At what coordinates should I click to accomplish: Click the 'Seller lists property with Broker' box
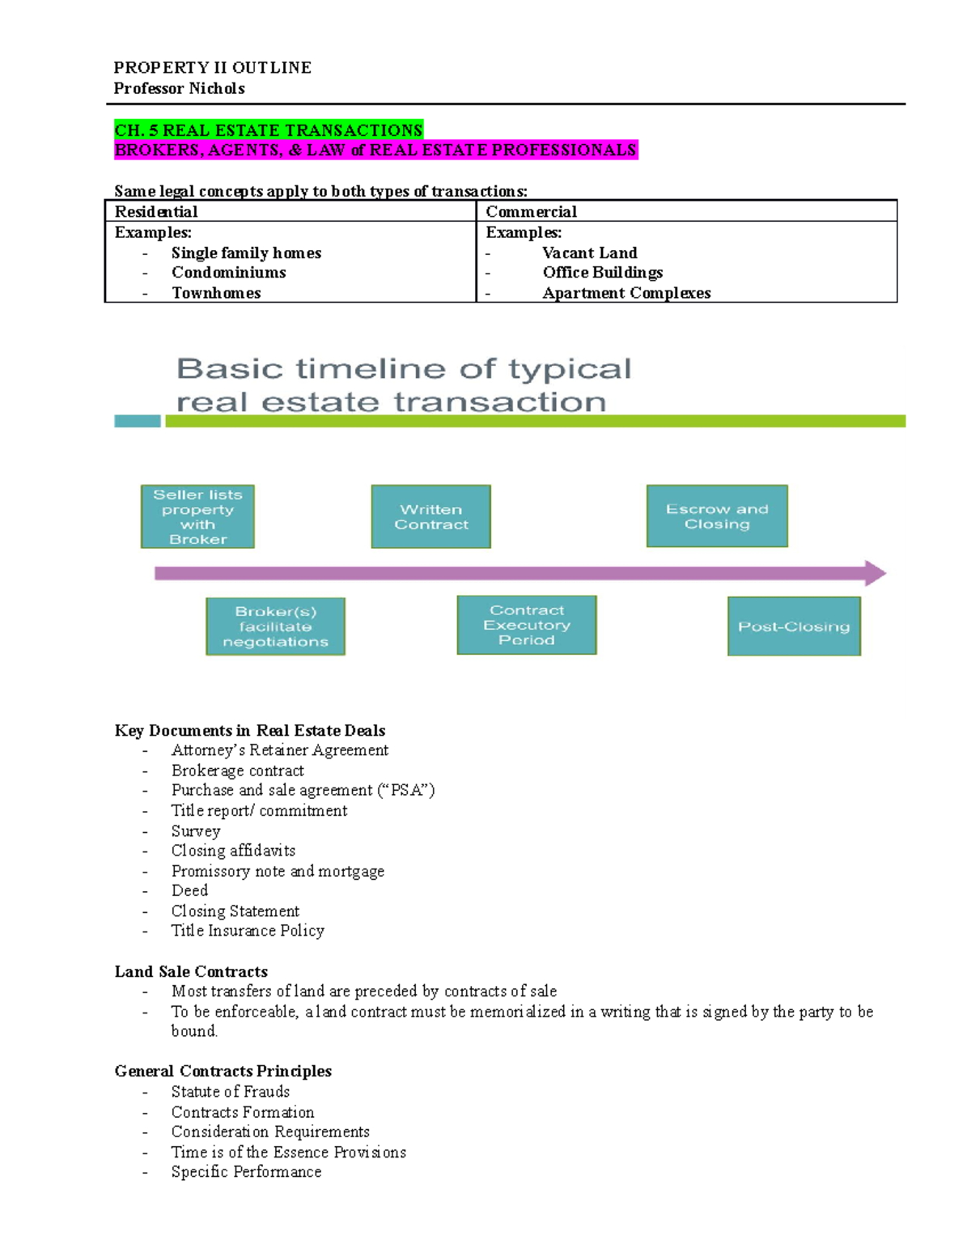(197, 516)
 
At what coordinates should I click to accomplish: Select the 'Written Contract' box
(431, 516)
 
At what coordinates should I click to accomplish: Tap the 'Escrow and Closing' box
(717, 516)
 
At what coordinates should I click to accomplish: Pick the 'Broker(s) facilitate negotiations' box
(275, 626)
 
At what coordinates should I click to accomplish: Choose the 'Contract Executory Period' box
(527, 625)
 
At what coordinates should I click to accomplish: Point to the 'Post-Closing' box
(794, 626)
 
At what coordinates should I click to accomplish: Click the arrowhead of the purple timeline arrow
(876, 574)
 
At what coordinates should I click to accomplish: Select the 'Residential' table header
(156, 212)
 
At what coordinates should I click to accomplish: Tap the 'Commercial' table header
(531, 212)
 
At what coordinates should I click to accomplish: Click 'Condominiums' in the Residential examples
(228, 273)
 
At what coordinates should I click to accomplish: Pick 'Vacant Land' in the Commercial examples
(590, 253)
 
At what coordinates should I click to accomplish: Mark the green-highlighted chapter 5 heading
(269, 130)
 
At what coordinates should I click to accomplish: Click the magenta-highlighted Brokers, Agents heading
(375, 150)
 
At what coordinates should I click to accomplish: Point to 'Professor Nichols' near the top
(179, 88)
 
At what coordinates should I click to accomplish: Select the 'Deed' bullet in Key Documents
(189, 890)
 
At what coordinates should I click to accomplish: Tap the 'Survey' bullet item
(195, 831)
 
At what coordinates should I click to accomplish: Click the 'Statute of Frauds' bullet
(230, 1092)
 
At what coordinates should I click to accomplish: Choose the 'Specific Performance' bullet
(246, 1172)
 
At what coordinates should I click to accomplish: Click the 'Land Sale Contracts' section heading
(191, 971)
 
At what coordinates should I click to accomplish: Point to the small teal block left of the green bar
(138, 421)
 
